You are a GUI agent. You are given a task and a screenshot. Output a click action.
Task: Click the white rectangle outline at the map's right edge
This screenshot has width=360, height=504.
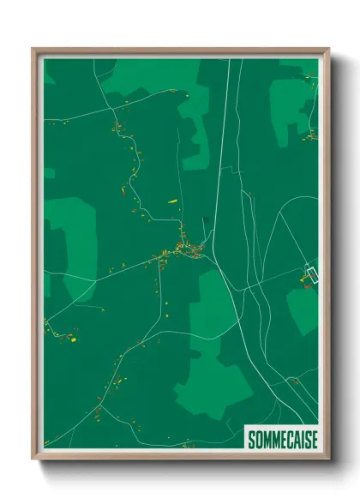click(312, 273)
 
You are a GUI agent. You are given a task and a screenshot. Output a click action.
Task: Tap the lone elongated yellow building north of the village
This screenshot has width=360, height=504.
click(171, 201)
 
